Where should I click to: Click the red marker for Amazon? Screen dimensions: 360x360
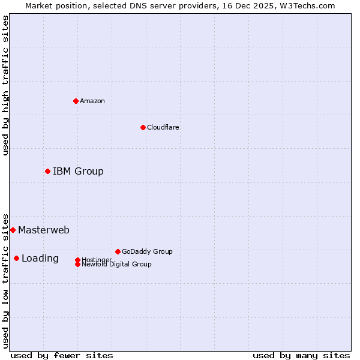pyautogui.click(x=76, y=101)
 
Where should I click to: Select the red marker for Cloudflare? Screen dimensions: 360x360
pyautogui.click(x=143, y=127)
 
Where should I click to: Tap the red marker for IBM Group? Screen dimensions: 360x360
pyautogui.click(x=47, y=172)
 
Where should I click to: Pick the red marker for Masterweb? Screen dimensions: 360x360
pyautogui.click(x=13, y=230)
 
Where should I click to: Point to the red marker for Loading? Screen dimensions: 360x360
pyautogui.click(x=16, y=258)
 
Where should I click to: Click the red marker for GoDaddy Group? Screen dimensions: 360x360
pyautogui.click(x=118, y=251)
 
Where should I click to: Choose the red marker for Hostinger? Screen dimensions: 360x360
pyautogui.click(x=77, y=260)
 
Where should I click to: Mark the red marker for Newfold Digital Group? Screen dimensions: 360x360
pyautogui.click(x=77, y=265)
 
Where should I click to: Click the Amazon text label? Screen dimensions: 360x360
pyautogui.click(x=92, y=101)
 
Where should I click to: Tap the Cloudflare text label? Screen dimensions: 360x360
pyautogui.click(x=163, y=127)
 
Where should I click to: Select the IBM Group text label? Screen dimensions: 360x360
pyautogui.click(x=78, y=172)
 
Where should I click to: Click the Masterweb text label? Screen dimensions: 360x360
pyautogui.click(x=44, y=230)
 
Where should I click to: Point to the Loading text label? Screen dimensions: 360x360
pyautogui.click(x=40, y=259)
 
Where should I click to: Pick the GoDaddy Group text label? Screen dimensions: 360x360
pyautogui.click(x=147, y=251)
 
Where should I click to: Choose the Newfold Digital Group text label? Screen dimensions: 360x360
pyautogui.click(x=116, y=265)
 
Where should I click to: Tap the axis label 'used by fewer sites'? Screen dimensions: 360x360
pyautogui.click(x=62, y=355)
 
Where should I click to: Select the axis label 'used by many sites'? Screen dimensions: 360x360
pyautogui.click(x=301, y=355)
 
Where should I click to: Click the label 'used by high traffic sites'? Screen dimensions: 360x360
pyautogui.click(x=5, y=85)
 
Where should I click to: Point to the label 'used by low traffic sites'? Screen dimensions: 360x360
pyautogui.click(x=5, y=280)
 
